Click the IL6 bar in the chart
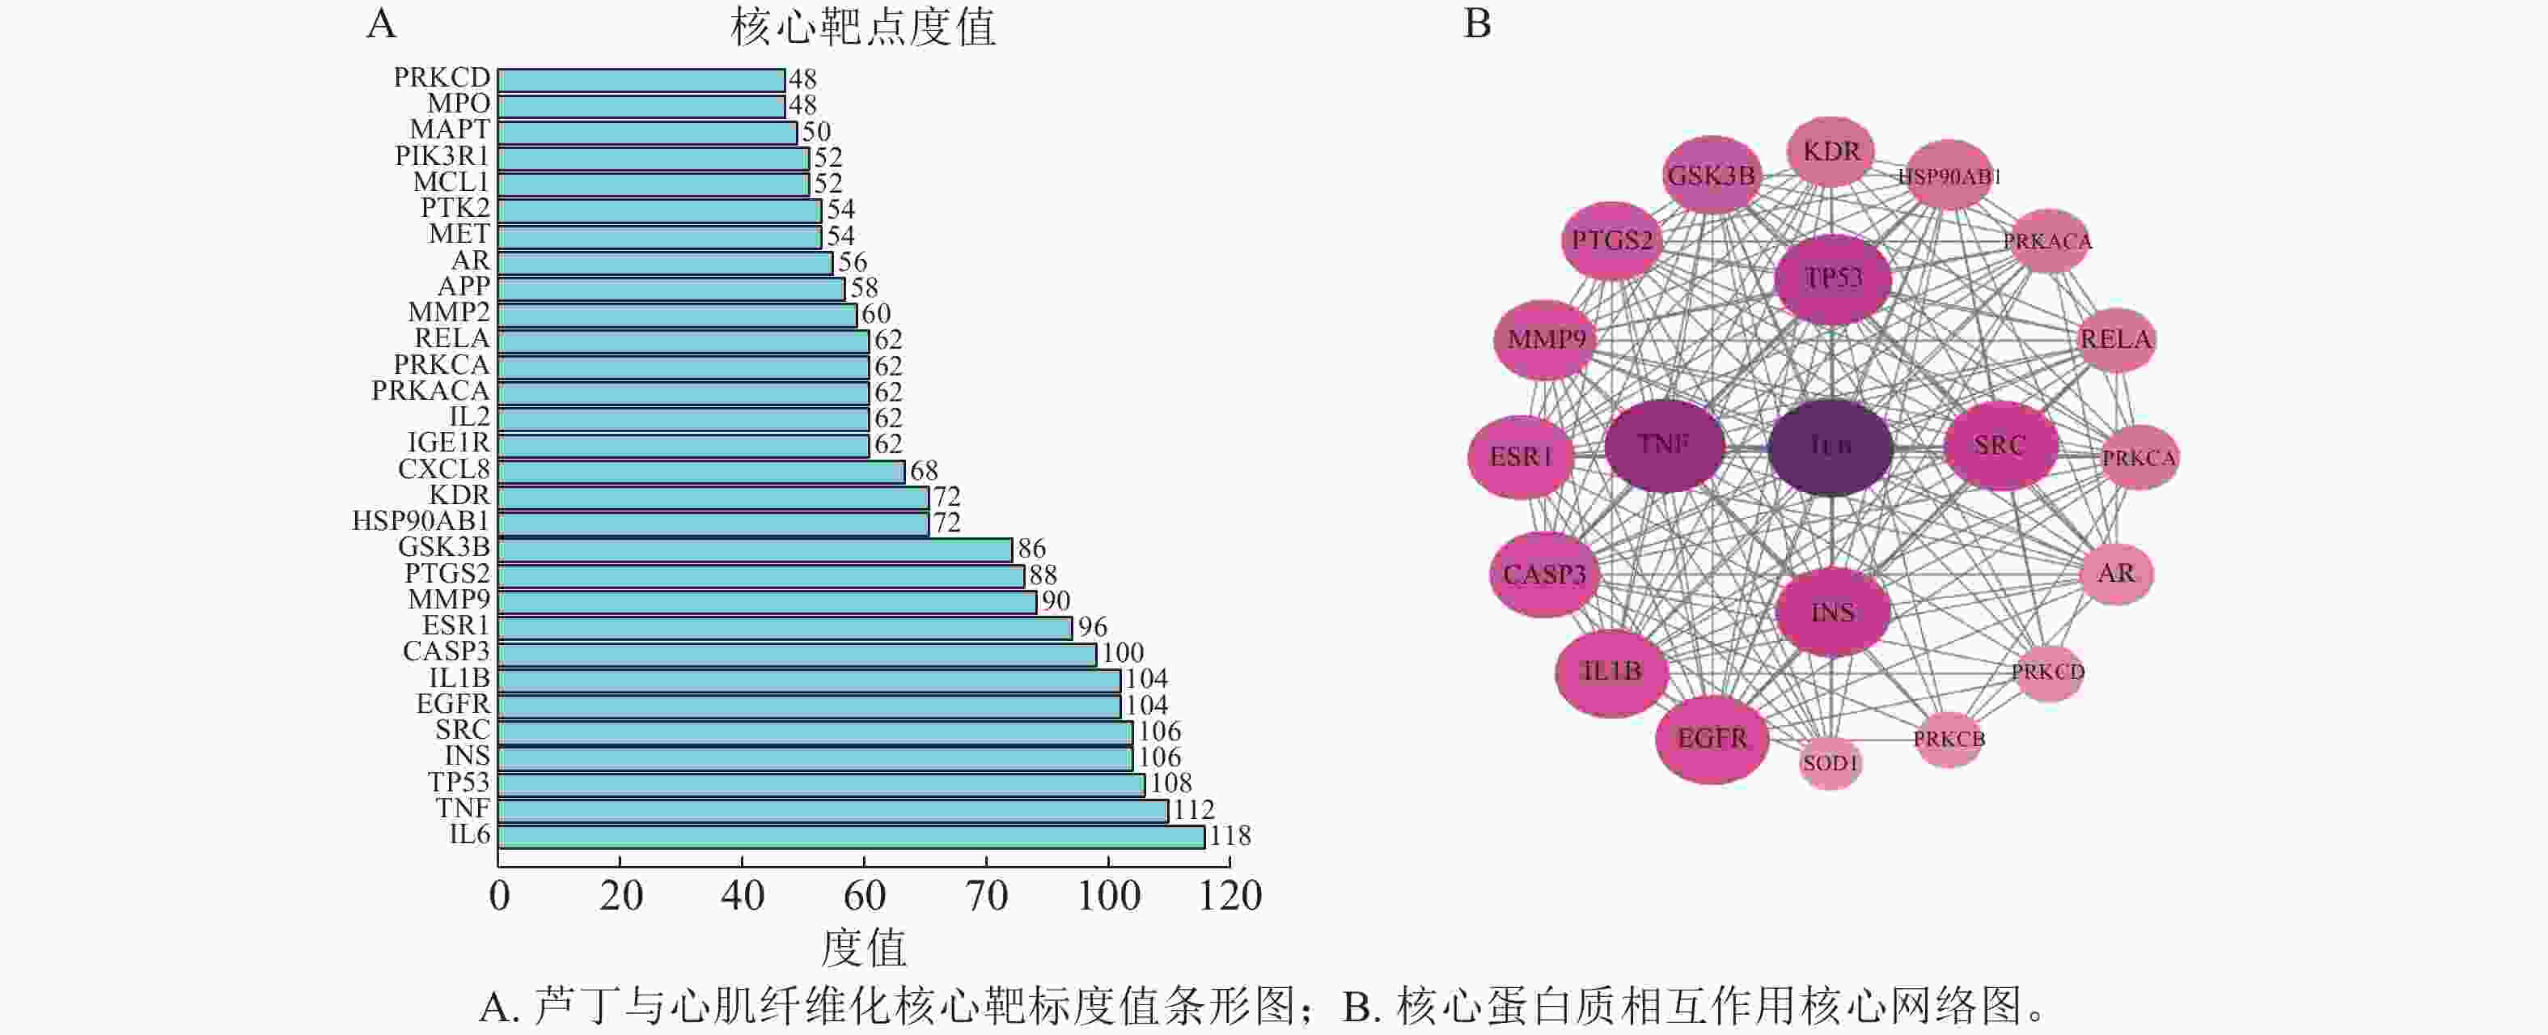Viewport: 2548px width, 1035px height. click(851, 837)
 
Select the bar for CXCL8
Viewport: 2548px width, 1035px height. click(701, 471)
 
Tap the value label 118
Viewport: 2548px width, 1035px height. click(1230, 837)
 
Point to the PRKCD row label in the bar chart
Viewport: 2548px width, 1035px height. click(441, 77)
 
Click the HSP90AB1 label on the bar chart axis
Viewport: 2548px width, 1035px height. click(421, 521)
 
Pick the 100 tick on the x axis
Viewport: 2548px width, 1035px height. click(1108, 897)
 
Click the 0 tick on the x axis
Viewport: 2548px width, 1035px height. click(500, 897)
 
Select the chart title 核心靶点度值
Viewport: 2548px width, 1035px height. click(862, 27)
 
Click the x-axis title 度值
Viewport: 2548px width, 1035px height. click(862, 948)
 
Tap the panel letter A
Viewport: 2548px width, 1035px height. click(381, 23)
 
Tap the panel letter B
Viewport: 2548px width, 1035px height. click(1477, 23)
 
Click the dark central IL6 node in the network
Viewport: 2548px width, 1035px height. click(1830, 448)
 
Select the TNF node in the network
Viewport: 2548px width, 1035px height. click(1664, 445)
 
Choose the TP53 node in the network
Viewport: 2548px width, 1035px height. click(1833, 279)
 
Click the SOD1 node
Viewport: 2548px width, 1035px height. click(1830, 763)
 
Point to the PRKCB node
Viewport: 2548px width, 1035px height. click(1949, 739)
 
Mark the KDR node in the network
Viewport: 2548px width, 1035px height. click(1831, 151)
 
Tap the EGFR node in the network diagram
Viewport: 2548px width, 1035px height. click(1712, 739)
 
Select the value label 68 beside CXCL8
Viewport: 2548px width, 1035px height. click(924, 471)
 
